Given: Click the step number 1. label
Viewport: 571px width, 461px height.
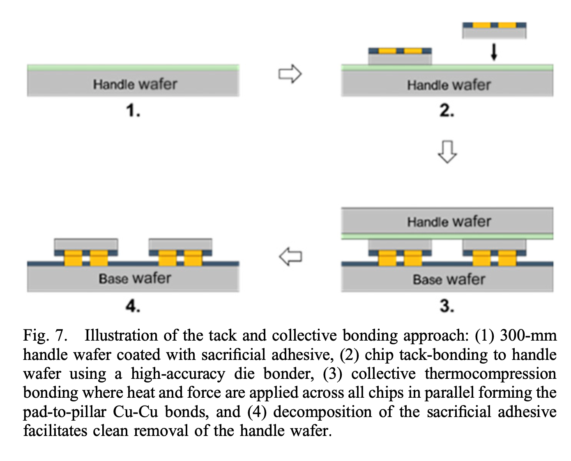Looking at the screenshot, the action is coord(133,111).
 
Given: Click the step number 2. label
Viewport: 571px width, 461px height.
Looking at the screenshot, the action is coord(447,111).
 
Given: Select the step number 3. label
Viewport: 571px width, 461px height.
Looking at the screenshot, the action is coord(447,306).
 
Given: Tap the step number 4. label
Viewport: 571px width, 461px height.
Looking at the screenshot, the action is coord(133,306).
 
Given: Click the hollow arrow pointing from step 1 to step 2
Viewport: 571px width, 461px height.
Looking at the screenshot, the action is coord(290,74).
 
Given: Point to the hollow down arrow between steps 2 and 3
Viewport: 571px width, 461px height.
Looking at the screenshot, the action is coord(447,152).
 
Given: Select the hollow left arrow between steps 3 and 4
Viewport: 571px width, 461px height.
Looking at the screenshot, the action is coord(290,256).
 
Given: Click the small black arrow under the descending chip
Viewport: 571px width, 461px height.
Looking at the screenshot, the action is coord(494,52).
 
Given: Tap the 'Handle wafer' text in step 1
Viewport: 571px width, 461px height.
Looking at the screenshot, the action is coord(135,84).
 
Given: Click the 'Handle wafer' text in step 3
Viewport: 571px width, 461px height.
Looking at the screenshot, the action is coord(449,222).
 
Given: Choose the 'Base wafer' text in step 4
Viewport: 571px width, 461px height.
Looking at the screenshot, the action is coord(135,279).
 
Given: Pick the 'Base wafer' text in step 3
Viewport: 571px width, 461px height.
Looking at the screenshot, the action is coord(449,279).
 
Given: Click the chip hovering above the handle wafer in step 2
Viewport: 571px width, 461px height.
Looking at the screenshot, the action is coord(494,30).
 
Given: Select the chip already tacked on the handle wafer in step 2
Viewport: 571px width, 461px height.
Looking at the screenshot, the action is coord(400,56).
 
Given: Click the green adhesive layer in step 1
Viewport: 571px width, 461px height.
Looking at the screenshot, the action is coord(133,67).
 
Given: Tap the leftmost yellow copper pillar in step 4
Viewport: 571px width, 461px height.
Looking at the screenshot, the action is coord(73,258).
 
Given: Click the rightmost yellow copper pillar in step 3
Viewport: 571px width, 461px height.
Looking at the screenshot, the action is coord(507,258).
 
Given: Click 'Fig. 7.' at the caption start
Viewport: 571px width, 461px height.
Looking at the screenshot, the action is coord(45,336).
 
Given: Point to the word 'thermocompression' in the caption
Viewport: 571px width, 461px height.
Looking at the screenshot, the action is coord(490,374).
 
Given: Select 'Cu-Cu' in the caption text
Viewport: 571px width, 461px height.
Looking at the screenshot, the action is coord(136,412).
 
